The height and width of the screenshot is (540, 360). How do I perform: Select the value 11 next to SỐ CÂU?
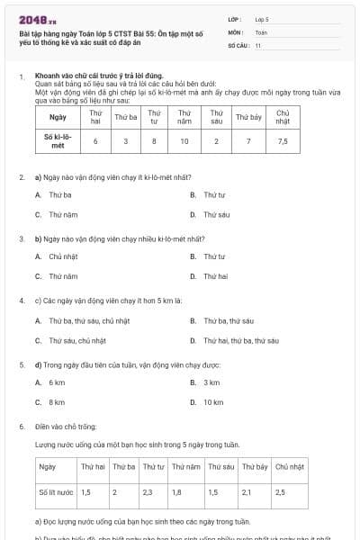click(258, 44)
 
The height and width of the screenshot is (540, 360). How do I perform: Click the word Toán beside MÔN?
click(261, 31)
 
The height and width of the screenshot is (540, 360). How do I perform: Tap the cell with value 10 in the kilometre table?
click(184, 140)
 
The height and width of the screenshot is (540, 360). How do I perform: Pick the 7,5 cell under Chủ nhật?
click(283, 140)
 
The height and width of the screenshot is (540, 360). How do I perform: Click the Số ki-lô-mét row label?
click(58, 140)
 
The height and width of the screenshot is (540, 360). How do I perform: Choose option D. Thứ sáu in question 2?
click(212, 215)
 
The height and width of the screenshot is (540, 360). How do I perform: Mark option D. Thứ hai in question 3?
click(211, 276)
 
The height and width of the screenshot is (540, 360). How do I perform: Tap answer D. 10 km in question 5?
click(209, 402)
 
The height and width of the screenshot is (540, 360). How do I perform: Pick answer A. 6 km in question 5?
click(52, 382)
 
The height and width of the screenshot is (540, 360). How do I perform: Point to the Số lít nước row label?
click(56, 492)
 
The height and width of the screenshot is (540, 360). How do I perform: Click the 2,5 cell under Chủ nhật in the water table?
click(280, 492)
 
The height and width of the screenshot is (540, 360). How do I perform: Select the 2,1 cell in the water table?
click(247, 492)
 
